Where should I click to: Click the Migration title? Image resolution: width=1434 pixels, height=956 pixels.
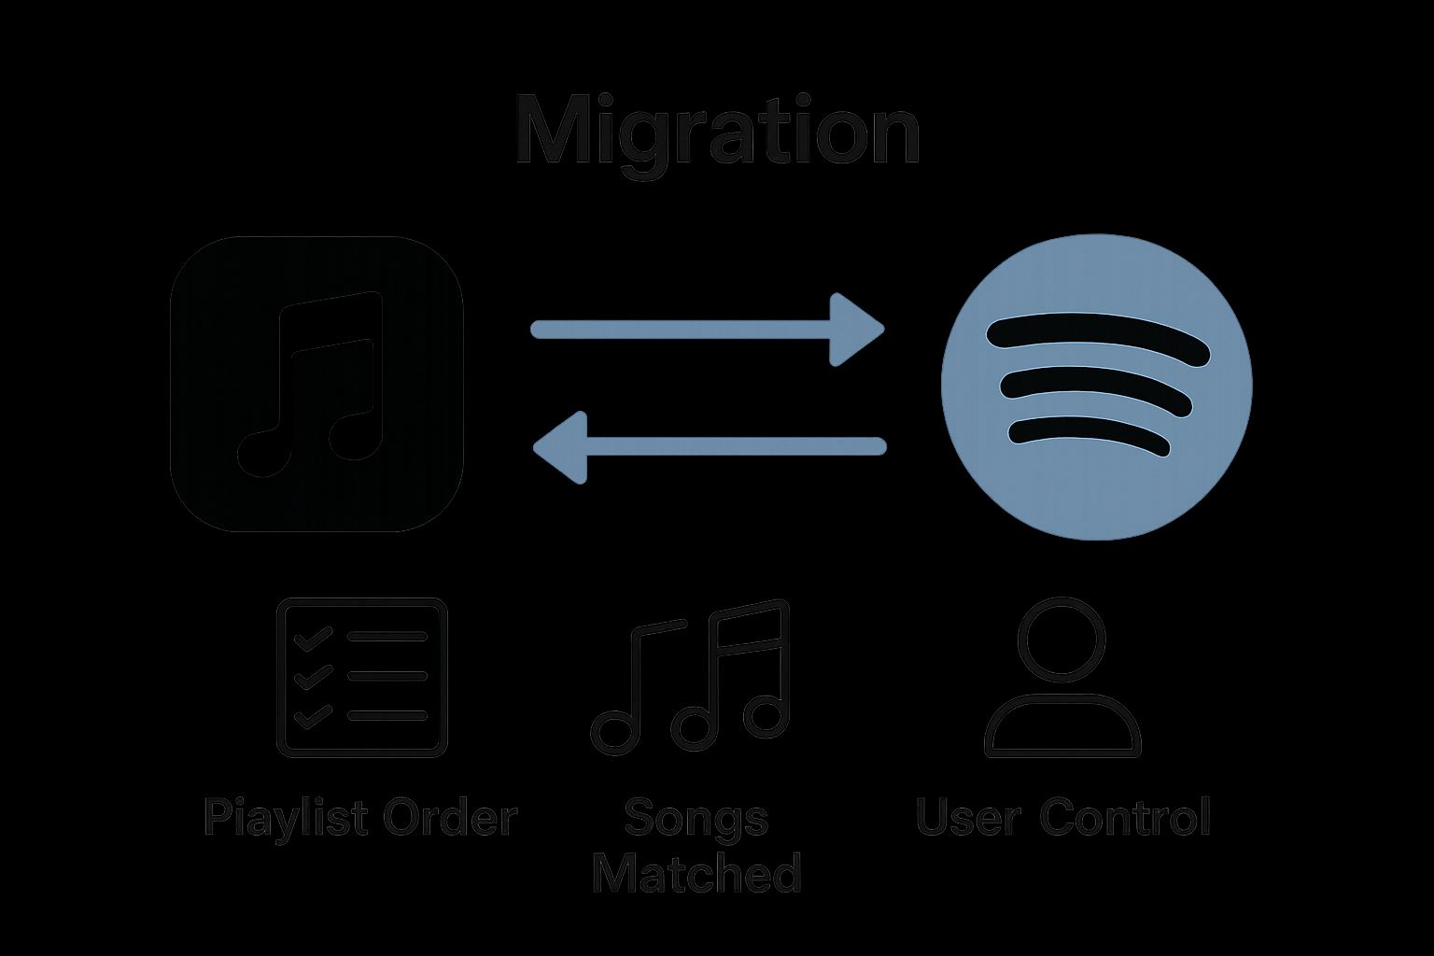717,131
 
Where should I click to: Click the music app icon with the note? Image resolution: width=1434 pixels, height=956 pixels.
317,384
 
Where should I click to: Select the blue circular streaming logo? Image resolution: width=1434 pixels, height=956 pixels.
1096,387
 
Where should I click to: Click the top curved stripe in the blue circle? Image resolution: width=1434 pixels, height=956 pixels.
1096,336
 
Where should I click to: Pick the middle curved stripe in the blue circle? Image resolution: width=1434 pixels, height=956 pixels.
1096,388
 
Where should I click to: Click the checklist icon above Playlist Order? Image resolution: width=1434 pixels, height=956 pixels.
362,677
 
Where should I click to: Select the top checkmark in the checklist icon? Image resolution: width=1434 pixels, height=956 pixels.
312,639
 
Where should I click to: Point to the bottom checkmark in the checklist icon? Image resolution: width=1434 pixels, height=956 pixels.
312,717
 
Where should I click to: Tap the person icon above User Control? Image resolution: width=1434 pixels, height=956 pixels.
1062,677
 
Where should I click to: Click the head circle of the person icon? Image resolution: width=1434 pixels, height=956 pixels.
1061,640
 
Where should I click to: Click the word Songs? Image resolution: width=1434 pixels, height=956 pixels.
696,818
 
